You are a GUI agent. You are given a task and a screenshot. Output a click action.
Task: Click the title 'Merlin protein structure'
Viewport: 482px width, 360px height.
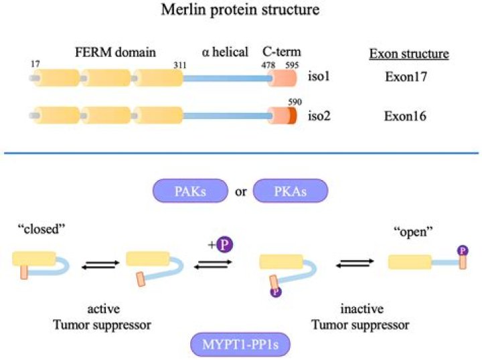pyautogui.click(x=240, y=10)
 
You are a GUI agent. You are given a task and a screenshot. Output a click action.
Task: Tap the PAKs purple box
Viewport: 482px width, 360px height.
pyautogui.click(x=190, y=191)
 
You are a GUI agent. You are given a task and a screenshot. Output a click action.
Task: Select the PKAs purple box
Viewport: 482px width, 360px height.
pyautogui.click(x=291, y=191)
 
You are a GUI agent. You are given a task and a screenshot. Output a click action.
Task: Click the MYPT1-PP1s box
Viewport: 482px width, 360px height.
pyautogui.click(x=240, y=345)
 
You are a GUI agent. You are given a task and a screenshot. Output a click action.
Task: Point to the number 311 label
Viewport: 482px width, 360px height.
pyautogui.click(x=180, y=65)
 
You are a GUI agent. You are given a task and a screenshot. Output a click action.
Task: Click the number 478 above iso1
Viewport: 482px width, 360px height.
pyautogui.click(x=268, y=65)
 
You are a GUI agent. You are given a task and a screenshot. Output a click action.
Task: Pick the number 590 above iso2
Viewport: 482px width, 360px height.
pyautogui.click(x=295, y=102)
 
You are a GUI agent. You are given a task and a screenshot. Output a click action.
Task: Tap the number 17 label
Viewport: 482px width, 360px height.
pyautogui.click(x=35, y=64)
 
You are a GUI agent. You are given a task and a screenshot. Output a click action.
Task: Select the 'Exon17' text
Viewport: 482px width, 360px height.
pyautogui.click(x=406, y=76)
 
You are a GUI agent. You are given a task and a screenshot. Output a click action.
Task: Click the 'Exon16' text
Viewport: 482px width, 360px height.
pyautogui.click(x=405, y=116)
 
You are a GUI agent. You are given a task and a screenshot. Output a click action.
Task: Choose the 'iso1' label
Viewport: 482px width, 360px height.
pyautogui.click(x=319, y=76)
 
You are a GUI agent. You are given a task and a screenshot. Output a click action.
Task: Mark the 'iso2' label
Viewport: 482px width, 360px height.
pyautogui.click(x=319, y=116)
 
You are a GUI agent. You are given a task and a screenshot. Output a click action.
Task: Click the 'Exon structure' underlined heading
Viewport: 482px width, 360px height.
pyautogui.click(x=409, y=54)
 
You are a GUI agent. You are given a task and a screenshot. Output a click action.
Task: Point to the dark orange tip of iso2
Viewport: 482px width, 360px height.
pyautogui.click(x=293, y=116)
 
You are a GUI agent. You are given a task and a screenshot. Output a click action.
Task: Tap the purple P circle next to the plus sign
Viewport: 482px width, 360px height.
pyautogui.click(x=225, y=245)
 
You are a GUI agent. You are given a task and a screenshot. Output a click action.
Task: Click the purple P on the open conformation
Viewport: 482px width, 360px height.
pyautogui.click(x=463, y=251)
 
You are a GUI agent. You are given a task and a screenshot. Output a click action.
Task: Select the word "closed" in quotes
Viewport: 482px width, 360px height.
pyautogui.click(x=42, y=229)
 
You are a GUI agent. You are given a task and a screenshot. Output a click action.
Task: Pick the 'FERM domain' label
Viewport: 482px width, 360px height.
pyautogui.click(x=115, y=52)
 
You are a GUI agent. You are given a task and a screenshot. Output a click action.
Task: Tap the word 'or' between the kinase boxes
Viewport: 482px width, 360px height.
pyautogui.click(x=241, y=191)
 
